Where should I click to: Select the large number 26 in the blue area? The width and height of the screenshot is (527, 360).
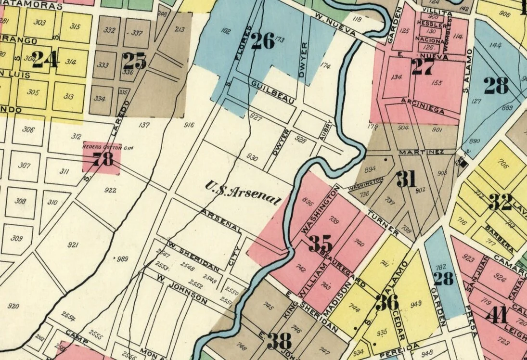263,41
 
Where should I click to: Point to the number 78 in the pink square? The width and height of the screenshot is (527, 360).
103,159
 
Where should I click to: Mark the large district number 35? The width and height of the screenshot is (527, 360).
321,243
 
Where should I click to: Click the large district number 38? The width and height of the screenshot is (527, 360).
279,341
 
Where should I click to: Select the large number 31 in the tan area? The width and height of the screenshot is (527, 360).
406,180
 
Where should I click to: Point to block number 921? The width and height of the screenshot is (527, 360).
73,245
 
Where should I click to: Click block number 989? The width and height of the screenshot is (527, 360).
123,259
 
